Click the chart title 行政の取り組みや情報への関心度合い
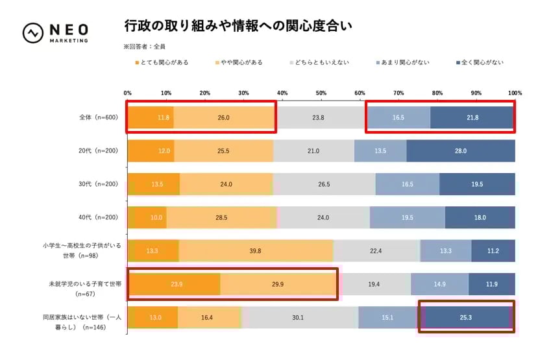click(x=238, y=27)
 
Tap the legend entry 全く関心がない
click(x=480, y=62)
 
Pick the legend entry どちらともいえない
click(x=319, y=62)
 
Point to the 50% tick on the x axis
click(x=321, y=93)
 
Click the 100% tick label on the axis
click(x=515, y=93)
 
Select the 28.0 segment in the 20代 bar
click(x=461, y=150)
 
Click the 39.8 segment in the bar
click(x=256, y=251)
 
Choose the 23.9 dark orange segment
click(x=174, y=284)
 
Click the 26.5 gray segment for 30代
click(x=324, y=184)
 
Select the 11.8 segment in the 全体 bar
click(x=151, y=117)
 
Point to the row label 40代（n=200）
click(x=98, y=217)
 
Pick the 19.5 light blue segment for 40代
click(x=407, y=217)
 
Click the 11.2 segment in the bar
click(x=493, y=251)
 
